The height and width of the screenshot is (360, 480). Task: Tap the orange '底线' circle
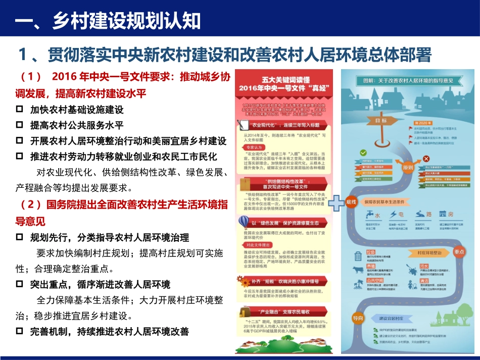(x=351, y=202)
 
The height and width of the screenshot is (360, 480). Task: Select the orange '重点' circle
(x=459, y=251)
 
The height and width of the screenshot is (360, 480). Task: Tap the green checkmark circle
(x=363, y=152)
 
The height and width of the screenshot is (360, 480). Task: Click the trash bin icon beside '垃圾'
(x=358, y=256)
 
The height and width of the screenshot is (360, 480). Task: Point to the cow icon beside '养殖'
(x=358, y=270)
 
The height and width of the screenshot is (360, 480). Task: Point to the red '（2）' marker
(x=31, y=204)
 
